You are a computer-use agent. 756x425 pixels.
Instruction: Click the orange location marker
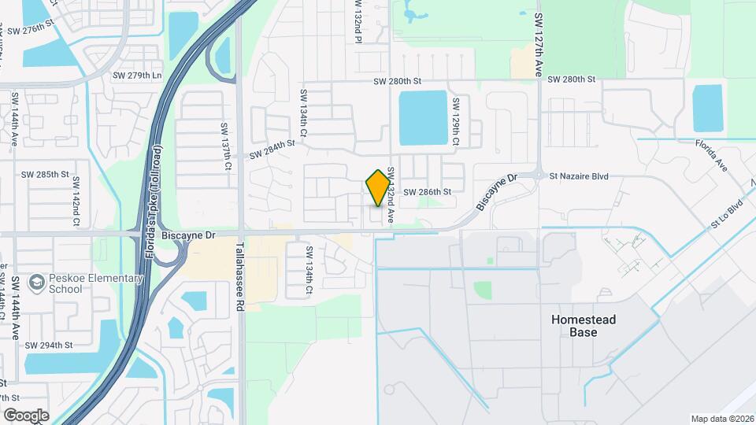[x=378, y=187]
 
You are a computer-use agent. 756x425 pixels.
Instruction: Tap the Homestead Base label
[x=584, y=326]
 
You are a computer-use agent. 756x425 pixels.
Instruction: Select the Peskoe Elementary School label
[x=87, y=283]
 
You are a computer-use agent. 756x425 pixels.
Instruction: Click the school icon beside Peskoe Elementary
[x=36, y=282]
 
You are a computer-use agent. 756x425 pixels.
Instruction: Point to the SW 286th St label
[x=427, y=192]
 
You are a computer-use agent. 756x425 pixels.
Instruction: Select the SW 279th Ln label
[x=137, y=76]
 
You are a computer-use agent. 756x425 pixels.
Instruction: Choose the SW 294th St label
[x=49, y=345]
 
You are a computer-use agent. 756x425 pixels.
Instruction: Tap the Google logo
[x=26, y=415]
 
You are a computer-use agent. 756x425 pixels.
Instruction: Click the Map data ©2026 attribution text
[x=721, y=419]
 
